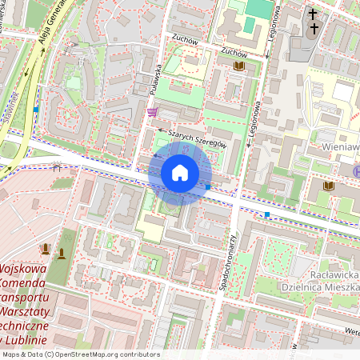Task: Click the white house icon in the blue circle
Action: coord(180,173)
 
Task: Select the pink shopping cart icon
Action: coord(152,112)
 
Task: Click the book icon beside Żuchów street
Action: coord(238,67)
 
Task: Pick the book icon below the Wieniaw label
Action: coord(328,186)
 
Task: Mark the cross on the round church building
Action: coord(314,29)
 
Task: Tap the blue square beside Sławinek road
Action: coord(35,109)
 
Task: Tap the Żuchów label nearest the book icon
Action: coord(233,52)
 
